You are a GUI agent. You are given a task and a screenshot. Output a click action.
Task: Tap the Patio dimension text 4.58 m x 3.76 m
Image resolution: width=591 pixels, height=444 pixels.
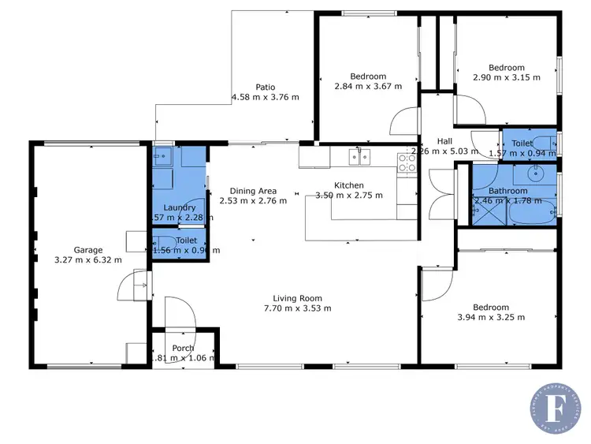point(266,98)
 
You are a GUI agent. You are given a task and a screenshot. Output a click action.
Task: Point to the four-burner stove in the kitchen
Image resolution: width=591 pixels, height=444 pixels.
point(407,162)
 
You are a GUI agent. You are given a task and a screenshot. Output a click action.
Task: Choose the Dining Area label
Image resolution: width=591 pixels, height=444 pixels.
point(253,191)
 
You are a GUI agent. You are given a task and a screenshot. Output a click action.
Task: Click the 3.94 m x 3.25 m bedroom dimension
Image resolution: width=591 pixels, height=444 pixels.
point(491,318)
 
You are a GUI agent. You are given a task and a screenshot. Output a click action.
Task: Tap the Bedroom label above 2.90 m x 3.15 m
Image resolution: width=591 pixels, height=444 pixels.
point(506,68)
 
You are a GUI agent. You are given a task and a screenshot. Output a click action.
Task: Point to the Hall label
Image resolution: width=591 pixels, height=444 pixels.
point(444,142)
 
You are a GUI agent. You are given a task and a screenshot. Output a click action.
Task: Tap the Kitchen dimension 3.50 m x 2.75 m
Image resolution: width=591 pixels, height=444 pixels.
point(349,196)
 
